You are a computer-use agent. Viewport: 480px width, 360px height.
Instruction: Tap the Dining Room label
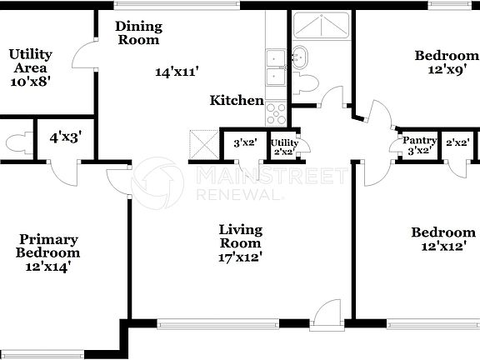click(139, 32)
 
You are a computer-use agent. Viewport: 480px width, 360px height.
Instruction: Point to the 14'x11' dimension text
click(176, 72)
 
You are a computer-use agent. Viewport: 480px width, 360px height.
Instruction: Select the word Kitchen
click(237, 101)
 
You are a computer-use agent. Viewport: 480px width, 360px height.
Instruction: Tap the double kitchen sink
click(276, 67)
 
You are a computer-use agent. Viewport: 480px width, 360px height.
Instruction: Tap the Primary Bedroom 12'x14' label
click(50, 252)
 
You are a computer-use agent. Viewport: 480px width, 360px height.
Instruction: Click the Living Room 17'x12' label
click(240, 243)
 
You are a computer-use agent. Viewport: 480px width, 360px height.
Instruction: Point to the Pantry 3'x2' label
click(419, 145)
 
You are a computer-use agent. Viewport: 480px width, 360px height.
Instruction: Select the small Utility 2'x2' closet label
click(284, 147)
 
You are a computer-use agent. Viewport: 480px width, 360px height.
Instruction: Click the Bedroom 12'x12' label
click(442, 240)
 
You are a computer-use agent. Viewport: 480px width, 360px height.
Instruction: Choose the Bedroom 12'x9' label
click(447, 62)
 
